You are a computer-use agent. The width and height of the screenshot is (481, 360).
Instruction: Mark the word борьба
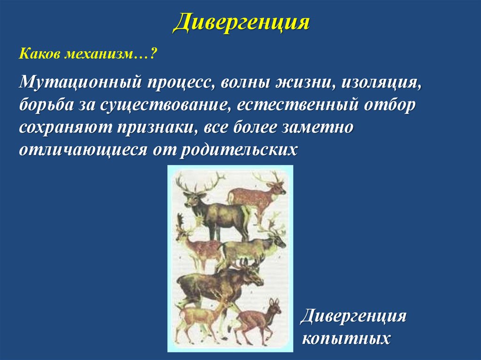click(x=47, y=105)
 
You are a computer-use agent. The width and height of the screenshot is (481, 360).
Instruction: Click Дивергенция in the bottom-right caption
click(x=353, y=315)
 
